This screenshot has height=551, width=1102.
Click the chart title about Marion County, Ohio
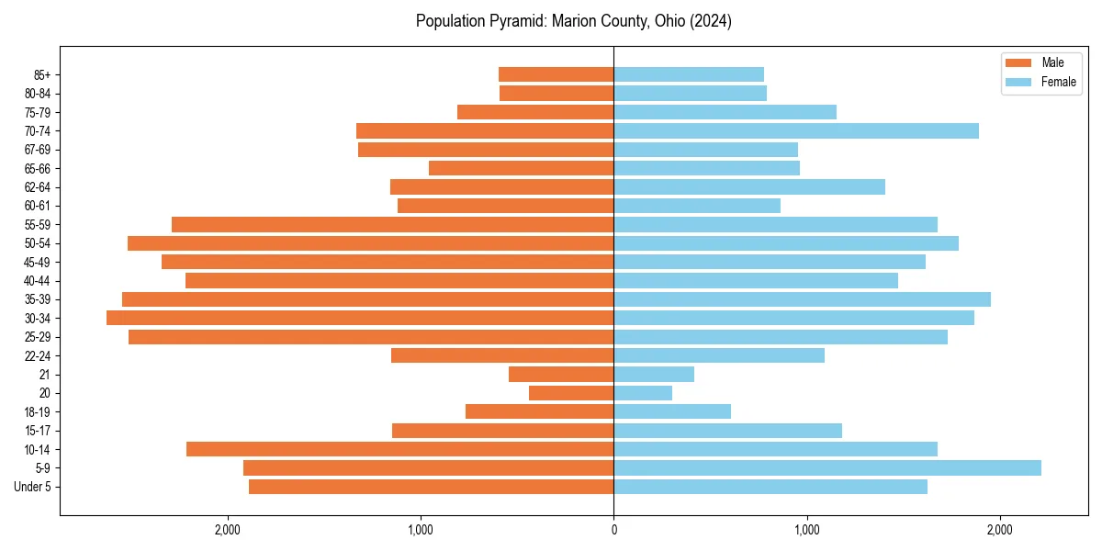(x=573, y=21)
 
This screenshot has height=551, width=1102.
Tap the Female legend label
(x=1058, y=82)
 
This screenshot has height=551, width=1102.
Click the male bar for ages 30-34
(x=360, y=318)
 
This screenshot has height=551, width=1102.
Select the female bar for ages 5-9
(x=826, y=467)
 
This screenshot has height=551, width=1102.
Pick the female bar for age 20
(x=643, y=393)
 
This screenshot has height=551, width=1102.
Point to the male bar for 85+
(x=556, y=74)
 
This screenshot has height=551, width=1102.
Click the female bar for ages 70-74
(x=796, y=130)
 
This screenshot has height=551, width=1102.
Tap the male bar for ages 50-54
(x=370, y=243)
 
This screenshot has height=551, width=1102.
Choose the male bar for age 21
(x=561, y=374)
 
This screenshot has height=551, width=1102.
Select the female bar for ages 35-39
(x=802, y=299)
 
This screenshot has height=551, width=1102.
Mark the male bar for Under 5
(x=431, y=487)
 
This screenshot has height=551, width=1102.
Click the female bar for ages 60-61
(x=697, y=206)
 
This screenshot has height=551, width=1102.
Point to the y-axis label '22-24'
(x=38, y=355)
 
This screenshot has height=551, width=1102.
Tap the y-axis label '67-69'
(x=38, y=150)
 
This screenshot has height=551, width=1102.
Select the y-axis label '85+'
(x=41, y=74)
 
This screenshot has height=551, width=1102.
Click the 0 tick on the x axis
(x=613, y=530)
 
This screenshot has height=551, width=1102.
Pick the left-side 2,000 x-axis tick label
(x=227, y=530)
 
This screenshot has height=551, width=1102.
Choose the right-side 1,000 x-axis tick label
(x=806, y=530)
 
